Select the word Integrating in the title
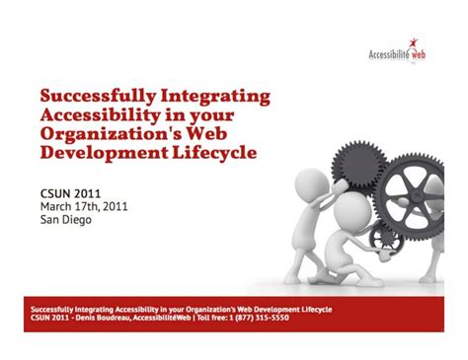[x=214, y=97]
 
